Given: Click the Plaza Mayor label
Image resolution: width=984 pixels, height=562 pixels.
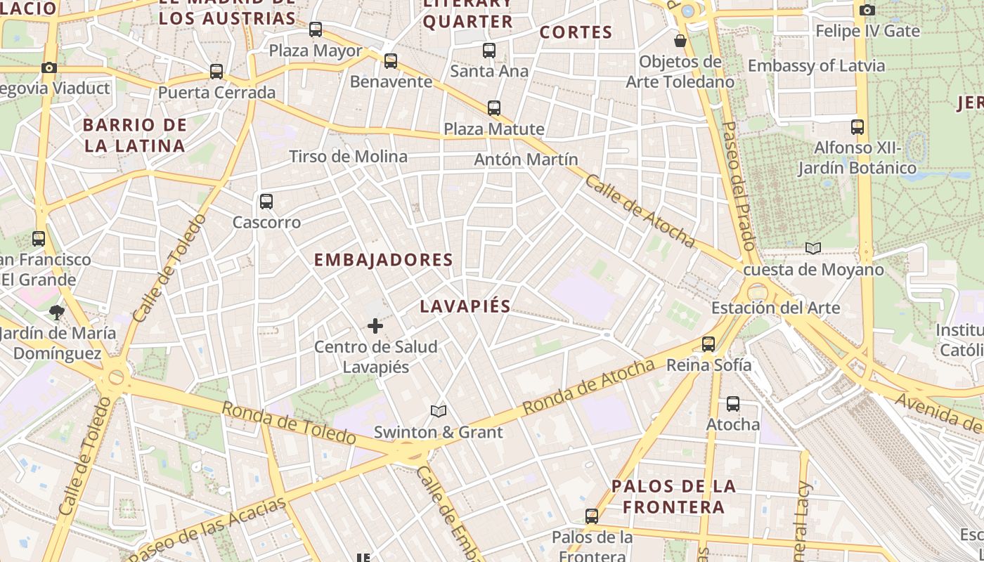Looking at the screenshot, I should click(316, 51).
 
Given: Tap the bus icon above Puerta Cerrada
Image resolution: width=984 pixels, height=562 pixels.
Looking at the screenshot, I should click(216, 72).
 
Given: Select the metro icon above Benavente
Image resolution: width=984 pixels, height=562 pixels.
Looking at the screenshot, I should click(391, 61).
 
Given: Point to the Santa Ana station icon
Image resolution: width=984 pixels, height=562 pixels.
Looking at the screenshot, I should click(489, 51).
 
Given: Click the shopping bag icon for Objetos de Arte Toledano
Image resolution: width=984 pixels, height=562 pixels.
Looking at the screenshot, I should click(680, 41).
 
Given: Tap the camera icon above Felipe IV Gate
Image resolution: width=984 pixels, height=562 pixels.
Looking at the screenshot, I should click(867, 10).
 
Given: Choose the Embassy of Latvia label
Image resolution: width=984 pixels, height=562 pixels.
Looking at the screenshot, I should click(816, 66).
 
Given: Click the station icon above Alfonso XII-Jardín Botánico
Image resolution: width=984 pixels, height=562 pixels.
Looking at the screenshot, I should click(857, 127).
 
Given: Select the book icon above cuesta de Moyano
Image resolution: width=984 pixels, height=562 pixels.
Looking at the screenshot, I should click(813, 249).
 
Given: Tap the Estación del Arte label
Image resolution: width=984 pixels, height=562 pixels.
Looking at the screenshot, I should click(775, 308).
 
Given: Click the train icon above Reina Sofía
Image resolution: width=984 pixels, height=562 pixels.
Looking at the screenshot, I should click(708, 344).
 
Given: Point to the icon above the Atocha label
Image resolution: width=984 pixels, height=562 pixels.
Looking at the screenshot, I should click(733, 404).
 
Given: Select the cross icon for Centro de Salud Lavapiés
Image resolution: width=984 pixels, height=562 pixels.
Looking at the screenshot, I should click(375, 326).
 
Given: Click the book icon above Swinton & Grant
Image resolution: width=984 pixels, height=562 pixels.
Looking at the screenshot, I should click(439, 411).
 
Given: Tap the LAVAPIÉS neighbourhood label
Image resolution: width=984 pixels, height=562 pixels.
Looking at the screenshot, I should click(465, 307).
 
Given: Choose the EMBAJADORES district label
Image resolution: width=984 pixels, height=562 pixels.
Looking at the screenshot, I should click(383, 260).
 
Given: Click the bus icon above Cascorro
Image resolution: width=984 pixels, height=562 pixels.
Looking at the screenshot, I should click(266, 202).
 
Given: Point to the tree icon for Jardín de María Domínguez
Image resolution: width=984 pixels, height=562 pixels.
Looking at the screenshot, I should click(57, 311).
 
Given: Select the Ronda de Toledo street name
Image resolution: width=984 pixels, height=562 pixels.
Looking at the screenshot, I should click(289, 423).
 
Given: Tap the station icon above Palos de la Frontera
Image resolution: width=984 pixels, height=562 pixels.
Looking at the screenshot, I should click(592, 516).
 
